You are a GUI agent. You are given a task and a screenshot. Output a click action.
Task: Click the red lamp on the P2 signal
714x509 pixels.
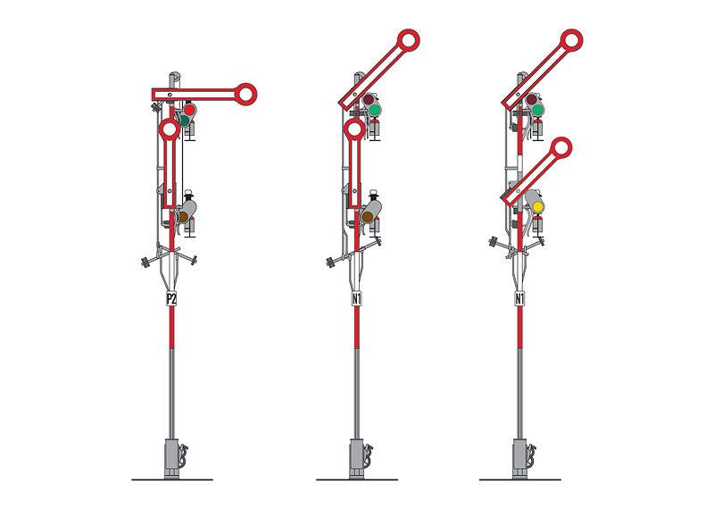click(x=189, y=110)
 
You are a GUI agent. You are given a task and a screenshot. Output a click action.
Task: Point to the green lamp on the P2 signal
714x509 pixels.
click(x=184, y=120)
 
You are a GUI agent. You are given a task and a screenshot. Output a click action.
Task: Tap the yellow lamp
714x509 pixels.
click(x=538, y=208)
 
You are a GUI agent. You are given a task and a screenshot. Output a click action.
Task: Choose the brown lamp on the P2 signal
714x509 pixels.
click(x=184, y=216)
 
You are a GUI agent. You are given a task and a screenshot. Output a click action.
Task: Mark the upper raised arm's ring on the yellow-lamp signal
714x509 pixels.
click(x=572, y=39)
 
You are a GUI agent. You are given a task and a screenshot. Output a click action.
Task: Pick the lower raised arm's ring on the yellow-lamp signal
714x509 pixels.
click(x=562, y=147)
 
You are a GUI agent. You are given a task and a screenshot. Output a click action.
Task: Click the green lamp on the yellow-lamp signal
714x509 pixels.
click(x=539, y=110)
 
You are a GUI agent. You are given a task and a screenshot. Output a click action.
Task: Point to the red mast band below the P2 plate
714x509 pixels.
click(x=171, y=330)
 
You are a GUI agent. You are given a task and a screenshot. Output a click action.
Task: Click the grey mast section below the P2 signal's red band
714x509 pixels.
click(x=171, y=393)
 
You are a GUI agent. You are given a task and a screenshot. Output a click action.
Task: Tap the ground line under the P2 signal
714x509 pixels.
click(x=171, y=480)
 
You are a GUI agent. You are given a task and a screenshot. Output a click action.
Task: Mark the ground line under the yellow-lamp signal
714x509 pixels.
click(x=519, y=480)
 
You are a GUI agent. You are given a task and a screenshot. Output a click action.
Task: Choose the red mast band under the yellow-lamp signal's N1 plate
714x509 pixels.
click(x=519, y=330)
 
